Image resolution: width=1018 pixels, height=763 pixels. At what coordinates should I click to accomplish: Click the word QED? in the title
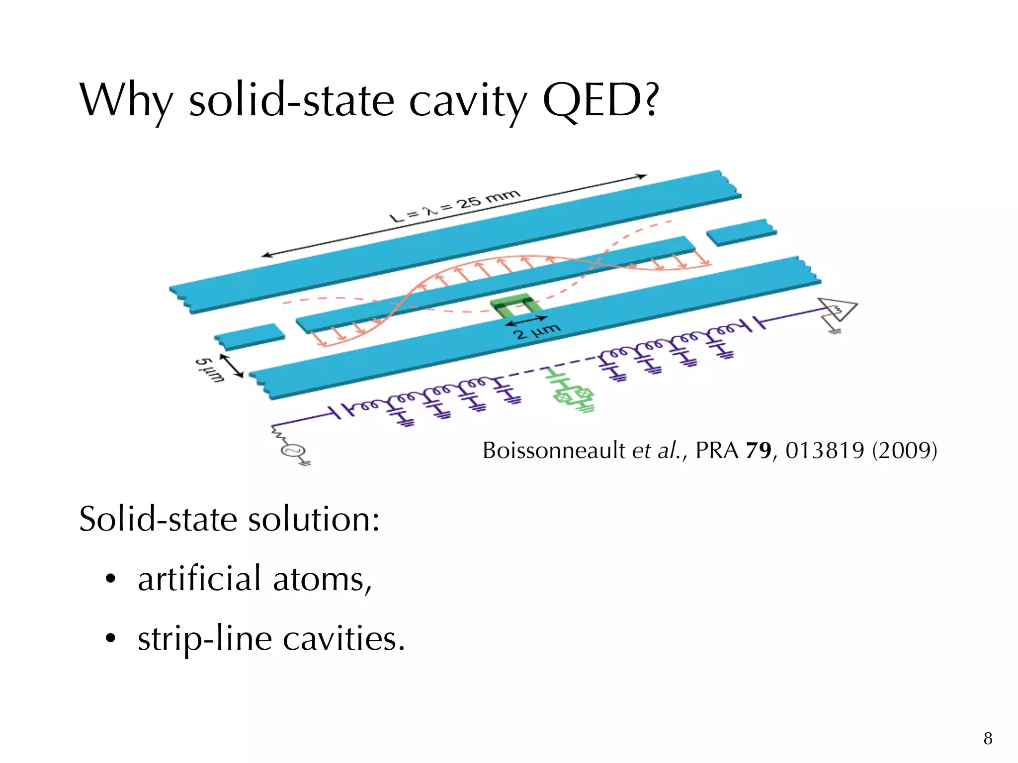[x=600, y=100]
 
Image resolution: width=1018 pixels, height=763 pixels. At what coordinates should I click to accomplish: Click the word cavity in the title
[x=467, y=102]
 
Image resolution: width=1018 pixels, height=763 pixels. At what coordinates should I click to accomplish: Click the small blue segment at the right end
[x=741, y=232]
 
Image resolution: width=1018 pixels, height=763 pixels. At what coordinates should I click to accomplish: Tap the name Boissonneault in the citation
[x=554, y=451]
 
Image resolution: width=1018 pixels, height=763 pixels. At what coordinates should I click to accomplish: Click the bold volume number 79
[x=758, y=451]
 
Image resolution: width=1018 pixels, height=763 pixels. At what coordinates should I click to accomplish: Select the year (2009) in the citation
[x=904, y=451]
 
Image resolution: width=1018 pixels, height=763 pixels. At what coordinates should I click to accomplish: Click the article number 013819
[x=825, y=451]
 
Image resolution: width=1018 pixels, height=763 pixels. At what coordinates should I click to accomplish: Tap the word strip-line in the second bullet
[x=204, y=639]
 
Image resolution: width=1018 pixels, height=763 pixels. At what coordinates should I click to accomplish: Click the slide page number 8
[x=988, y=739]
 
